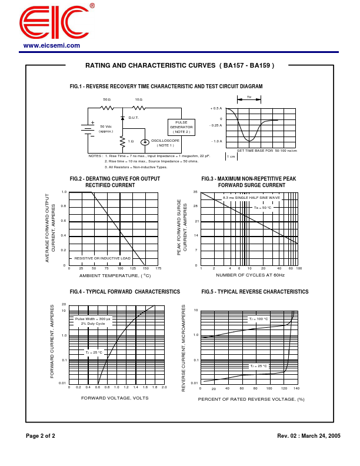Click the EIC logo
point(54,23)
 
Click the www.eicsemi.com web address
point(52,46)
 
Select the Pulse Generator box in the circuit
point(181,127)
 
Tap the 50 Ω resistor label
point(106,99)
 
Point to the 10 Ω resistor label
point(138,99)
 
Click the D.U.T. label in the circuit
point(133,118)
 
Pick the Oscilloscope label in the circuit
point(165,141)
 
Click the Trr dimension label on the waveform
point(249,97)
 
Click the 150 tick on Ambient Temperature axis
point(145,268)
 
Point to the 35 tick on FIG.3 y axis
point(195,192)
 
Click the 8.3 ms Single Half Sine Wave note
point(251,198)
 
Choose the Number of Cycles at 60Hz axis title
point(250,275)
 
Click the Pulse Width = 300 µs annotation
point(92,318)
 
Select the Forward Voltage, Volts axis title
point(115,398)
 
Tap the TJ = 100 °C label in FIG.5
point(258,319)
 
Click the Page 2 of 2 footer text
point(40,436)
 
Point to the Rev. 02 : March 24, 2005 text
point(308,436)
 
